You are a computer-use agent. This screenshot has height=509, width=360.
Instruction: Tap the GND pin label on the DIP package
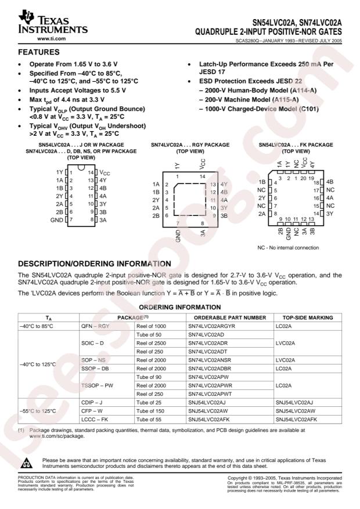click(x=57, y=221)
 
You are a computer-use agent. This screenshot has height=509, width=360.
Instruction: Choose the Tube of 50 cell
click(x=147, y=335)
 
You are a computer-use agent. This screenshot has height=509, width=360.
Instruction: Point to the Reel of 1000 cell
click(x=150, y=326)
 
